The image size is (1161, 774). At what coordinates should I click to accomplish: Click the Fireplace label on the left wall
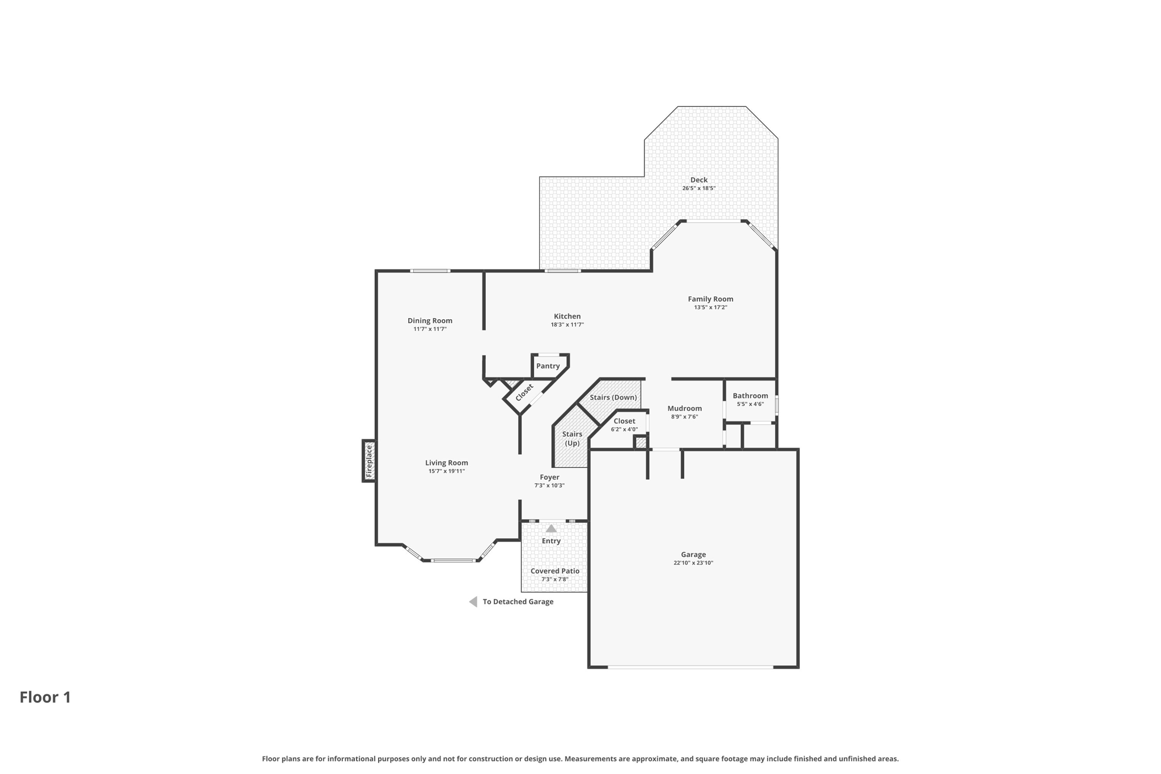tap(369, 460)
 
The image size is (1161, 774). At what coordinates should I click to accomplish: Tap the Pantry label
tap(548, 366)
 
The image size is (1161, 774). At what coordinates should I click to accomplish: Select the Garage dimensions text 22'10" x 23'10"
tap(693, 563)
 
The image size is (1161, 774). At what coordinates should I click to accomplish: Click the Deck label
tap(698, 180)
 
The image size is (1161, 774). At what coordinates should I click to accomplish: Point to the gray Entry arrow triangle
tap(551, 528)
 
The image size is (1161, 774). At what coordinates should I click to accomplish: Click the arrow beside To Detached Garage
tap(473, 602)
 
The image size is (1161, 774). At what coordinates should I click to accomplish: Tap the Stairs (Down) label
tap(613, 397)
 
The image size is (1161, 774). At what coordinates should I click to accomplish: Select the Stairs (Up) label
tap(572, 438)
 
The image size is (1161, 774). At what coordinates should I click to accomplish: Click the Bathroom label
tap(750, 396)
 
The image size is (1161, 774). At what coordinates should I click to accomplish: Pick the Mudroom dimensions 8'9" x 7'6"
tap(684, 417)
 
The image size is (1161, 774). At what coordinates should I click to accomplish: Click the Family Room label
tap(710, 299)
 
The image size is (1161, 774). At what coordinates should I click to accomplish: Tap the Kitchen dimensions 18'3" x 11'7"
tap(567, 325)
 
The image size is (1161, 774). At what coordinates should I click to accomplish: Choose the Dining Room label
tap(430, 320)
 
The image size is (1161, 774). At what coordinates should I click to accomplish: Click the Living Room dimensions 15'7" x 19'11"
tap(446, 471)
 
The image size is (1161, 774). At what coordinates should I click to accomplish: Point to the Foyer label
tap(549, 477)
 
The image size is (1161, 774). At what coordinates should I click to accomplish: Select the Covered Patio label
tap(554, 571)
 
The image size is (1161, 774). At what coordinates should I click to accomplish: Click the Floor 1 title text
tap(45, 697)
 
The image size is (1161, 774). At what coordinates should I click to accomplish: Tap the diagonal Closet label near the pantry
tap(524, 391)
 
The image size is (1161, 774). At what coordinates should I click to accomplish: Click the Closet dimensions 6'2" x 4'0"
tap(624, 429)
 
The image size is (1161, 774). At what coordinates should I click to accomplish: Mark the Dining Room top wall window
tap(430, 271)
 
